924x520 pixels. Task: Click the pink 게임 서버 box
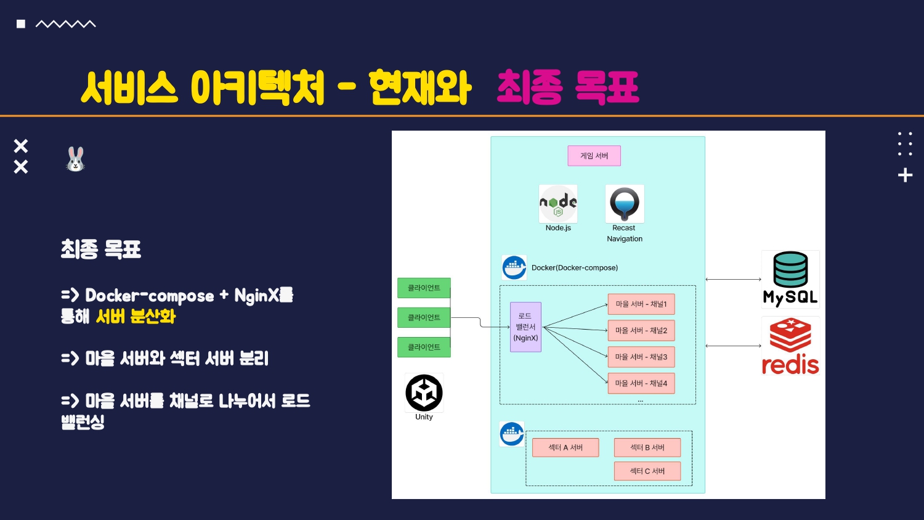[594, 156]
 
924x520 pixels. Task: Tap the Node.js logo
[558, 203]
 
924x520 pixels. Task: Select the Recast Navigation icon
[625, 204]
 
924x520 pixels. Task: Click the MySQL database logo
[790, 279]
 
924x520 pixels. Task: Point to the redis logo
[790, 346]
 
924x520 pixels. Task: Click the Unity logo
[424, 392]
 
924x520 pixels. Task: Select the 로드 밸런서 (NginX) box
[525, 327]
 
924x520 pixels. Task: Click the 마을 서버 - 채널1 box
[641, 304]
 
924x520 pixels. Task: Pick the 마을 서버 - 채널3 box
[641, 357]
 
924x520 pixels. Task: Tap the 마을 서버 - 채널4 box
[641, 383]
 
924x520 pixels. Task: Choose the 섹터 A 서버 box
[565, 447]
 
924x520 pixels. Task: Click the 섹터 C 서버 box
[647, 471]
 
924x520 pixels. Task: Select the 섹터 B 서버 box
[647, 447]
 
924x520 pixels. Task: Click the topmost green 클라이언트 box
[424, 288]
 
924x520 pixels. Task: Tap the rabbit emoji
[75, 160]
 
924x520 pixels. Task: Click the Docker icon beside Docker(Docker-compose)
[514, 268]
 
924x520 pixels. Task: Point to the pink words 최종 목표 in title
[567, 87]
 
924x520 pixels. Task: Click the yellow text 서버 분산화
[136, 317]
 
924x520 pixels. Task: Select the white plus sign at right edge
[905, 176]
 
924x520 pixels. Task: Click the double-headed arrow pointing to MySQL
[733, 280]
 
